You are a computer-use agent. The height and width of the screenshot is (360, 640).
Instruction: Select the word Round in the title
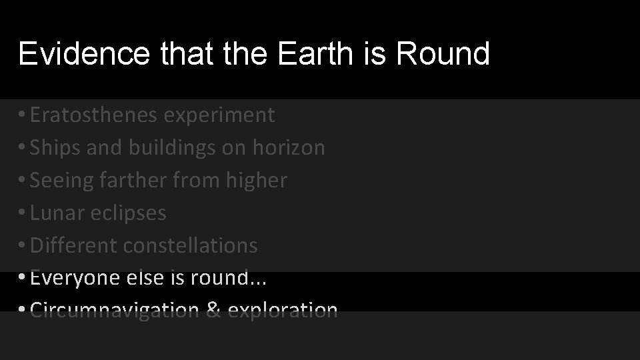443,53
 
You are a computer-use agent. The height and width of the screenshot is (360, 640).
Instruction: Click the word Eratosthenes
93,115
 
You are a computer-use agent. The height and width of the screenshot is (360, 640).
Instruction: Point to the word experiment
219,115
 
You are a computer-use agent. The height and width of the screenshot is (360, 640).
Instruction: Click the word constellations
190,245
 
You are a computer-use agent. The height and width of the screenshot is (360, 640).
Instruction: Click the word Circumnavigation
114,311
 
